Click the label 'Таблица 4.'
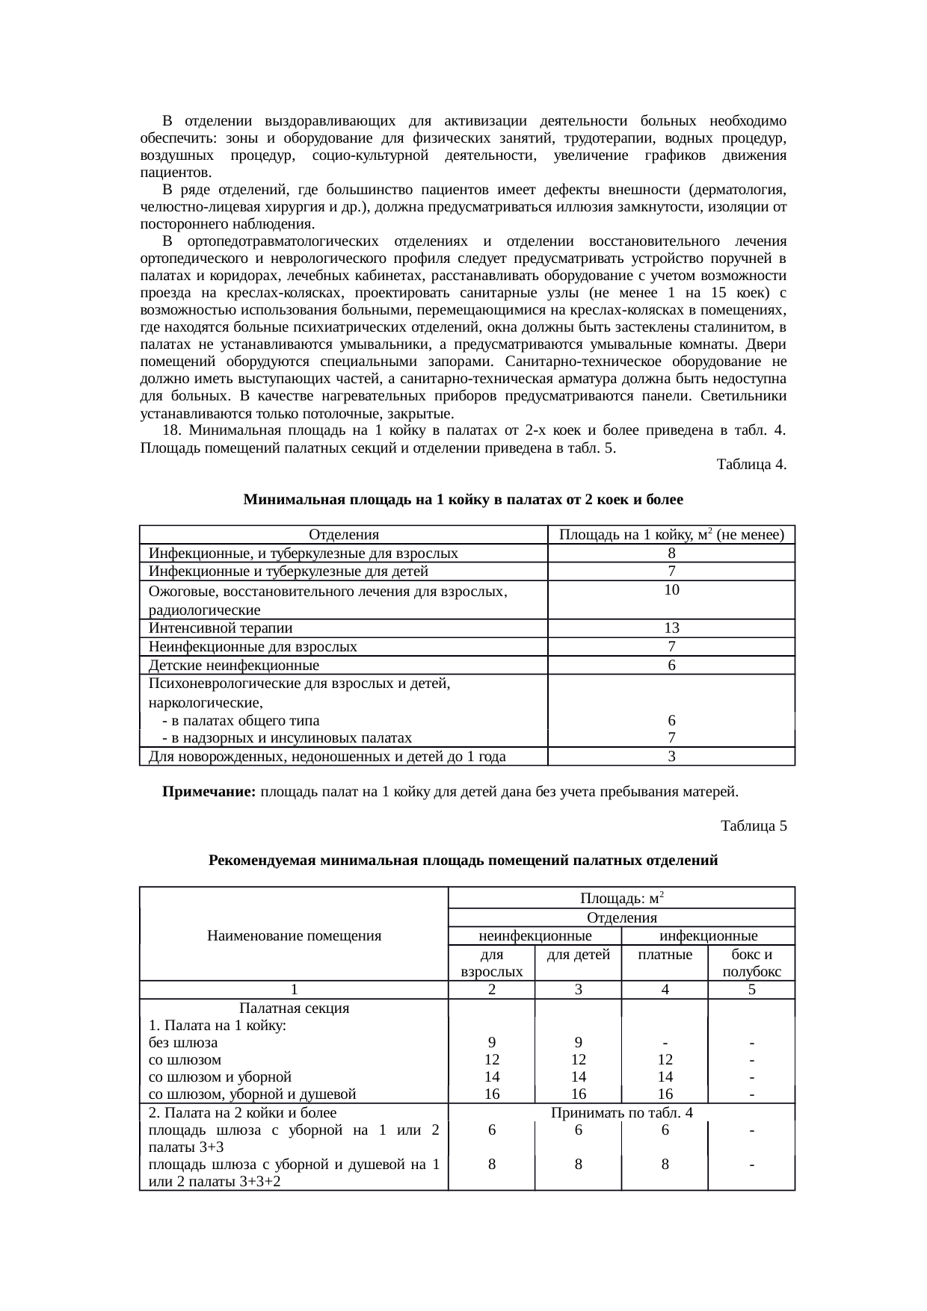pos(751,465)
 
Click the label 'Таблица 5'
pos(753,826)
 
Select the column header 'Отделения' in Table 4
pos(344,535)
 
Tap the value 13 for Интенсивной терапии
pos(671,628)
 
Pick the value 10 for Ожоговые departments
pos(671,590)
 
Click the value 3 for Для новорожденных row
pos(671,757)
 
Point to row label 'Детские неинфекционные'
pos(234,666)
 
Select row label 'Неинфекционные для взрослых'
pos(253,647)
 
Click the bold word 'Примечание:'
pos(209,792)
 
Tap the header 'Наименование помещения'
pos(294,935)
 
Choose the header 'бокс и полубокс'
pos(751,964)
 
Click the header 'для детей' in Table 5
pos(578,955)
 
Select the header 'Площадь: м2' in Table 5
pos(621,897)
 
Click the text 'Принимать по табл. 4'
pos(621,1113)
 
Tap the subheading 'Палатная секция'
pos(294,1008)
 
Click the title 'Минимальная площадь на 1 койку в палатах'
pos(463,499)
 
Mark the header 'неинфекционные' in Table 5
pos(535,936)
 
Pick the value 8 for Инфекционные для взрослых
pos(671,554)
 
